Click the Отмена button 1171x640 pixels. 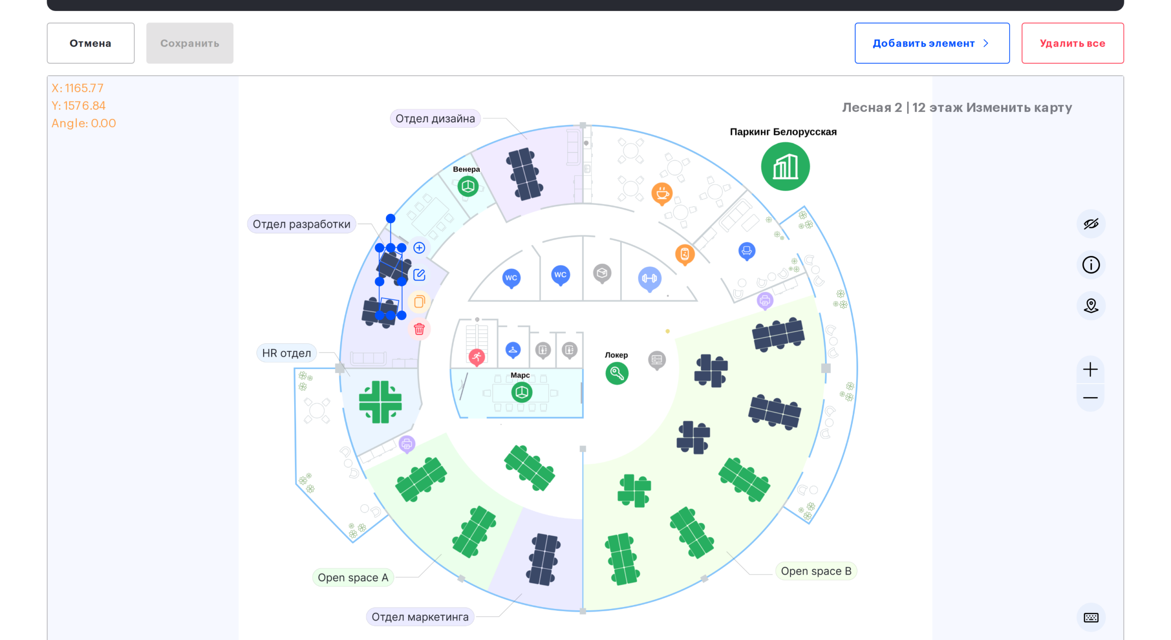[91, 43]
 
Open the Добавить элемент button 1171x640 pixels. [932, 43]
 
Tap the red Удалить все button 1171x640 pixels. [1072, 43]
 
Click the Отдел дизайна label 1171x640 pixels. [435, 118]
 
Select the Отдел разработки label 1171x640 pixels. [301, 224]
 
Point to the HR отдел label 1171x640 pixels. [286, 353]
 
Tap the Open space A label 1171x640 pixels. [353, 577]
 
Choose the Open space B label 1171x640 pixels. [816, 571]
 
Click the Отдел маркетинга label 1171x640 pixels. [420, 617]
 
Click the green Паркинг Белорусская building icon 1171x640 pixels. [785, 166]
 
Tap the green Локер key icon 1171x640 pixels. [617, 373]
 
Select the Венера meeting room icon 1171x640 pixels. [467, 187]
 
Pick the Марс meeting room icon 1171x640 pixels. [521, 392]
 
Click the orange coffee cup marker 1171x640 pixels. [662, 194]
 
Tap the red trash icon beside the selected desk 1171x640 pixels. [419, 329]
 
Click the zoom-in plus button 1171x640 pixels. [1090, 369]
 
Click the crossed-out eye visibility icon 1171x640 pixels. [1090, 224]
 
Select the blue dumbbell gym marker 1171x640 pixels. [649, 278]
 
